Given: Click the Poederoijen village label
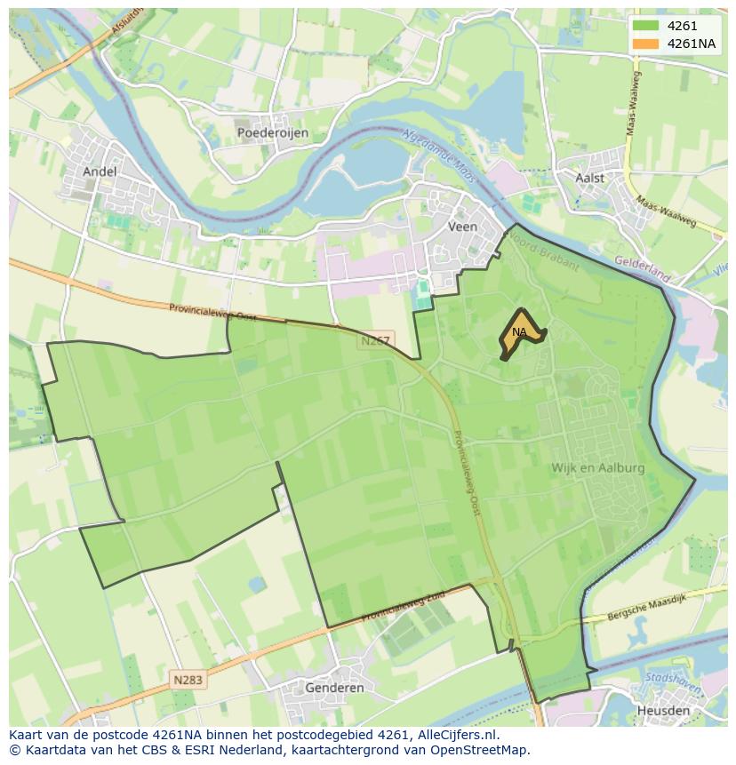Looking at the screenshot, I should click(x=273, y=132).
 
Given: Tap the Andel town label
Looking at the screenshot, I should click(x=99, y=171).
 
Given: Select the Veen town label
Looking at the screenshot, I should click(x=462, y=227).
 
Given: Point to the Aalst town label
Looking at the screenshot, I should click(x=589, y=178).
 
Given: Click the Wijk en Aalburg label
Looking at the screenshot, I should click(x=597, y=467).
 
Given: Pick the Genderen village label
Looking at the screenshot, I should click(x=334, y=688).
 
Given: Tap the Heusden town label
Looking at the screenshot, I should click(x=663, y=711).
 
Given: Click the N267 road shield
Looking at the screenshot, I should click(x=377, y=341).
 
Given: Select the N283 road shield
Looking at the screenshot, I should click(x=187, y=680).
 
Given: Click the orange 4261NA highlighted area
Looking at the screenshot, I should click(x=519, y=335).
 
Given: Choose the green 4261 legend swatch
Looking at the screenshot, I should click(x=646, y=26).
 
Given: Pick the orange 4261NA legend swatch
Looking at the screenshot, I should click(x=646, y=44).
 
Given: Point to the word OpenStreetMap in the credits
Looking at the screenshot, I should click(x=482, y=750).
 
